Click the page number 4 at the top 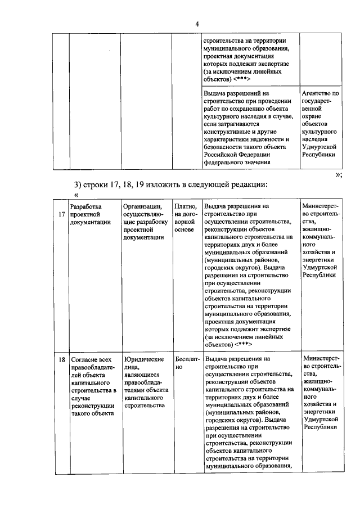pyautogui.click(x=197, y=24)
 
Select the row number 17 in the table pyautogui.click(x=61, y=214)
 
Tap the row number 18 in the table pyautogui.click(x=61, y=359)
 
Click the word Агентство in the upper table pyautogui.click(x=320, y=93)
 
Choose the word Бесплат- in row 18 pyautogui.click(x=186, y=359)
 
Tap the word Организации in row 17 pyautogui.click(x=143, y=206)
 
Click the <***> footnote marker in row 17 pyautogui.click(x=240, y=343)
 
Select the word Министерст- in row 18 pyautogui.click(x=321, y=358)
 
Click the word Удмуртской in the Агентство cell pyautogui.click(x=319, y=146)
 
